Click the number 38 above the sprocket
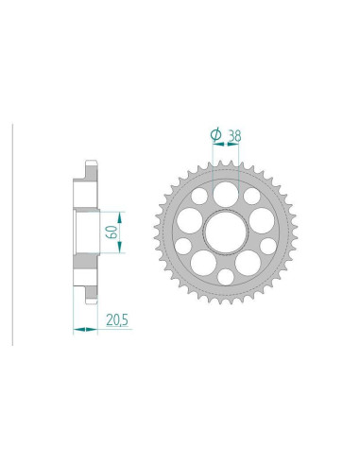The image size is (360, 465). pyautogui.click(x=234, y=136)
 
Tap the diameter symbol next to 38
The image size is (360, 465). pyautogui.click(x=215, y=135)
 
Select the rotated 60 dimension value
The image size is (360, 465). pyautogui.click(x=113, y=232)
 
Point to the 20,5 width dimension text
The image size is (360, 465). pyautogui.click(x=117, y=320)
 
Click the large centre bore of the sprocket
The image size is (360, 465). pyautogui.click(x=226, y=232)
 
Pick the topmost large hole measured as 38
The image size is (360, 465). pyautogui.click(x=226, y=193)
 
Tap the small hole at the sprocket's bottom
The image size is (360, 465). pyautogui.click(x=226, y=277)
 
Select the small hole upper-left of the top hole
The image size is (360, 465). pyautogui.click(x=199, y=196)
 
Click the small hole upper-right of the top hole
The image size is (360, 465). pyautogui.click(x=252, y=196)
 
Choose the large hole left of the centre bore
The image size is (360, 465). pyautogui.click(x=189, y=220)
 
